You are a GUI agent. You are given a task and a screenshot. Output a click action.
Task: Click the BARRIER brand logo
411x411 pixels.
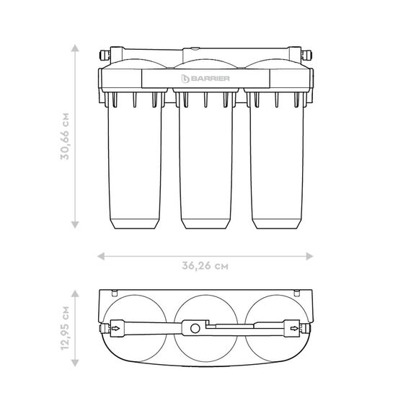(205, 79)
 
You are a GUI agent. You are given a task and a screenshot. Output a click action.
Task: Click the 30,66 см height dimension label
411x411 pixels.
(65, 136)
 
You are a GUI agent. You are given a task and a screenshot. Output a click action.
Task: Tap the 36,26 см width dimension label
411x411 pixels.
(205, 266)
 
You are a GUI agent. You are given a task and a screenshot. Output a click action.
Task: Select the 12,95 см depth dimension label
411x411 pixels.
(65, 328)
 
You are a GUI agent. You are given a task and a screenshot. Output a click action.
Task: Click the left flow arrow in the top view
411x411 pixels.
(115, 328)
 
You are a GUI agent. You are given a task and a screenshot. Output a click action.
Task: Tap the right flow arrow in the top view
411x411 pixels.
(294, 328)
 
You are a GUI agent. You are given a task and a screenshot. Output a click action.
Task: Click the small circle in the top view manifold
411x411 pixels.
(195, 328)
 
